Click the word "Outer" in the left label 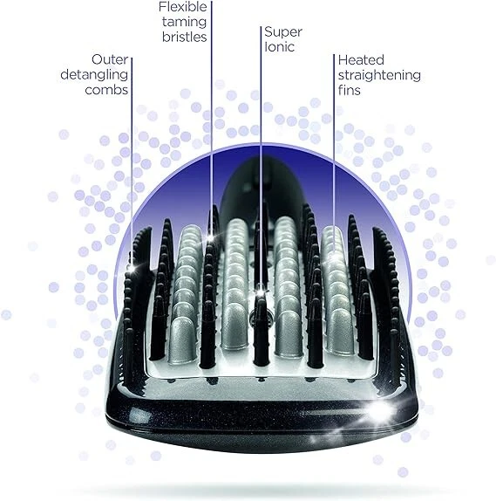coord(110,59)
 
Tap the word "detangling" coord(94,75)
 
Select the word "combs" coord(106,90)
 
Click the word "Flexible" coord(183,7)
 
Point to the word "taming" coord(184,23)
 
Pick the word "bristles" coord(185,37)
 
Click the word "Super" coord(283,32)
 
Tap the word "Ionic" coord(279,46)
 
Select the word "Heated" coord(361,59)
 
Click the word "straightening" coord(379,76)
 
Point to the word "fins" coord(350,90)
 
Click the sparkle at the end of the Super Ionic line coord(261,292)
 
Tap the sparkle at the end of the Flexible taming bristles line coord(211,237)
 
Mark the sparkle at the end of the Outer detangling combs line coord(132,268)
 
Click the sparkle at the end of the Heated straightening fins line coord(334,257)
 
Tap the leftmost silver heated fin coord(185,296)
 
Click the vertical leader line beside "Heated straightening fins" coord(334,155)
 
